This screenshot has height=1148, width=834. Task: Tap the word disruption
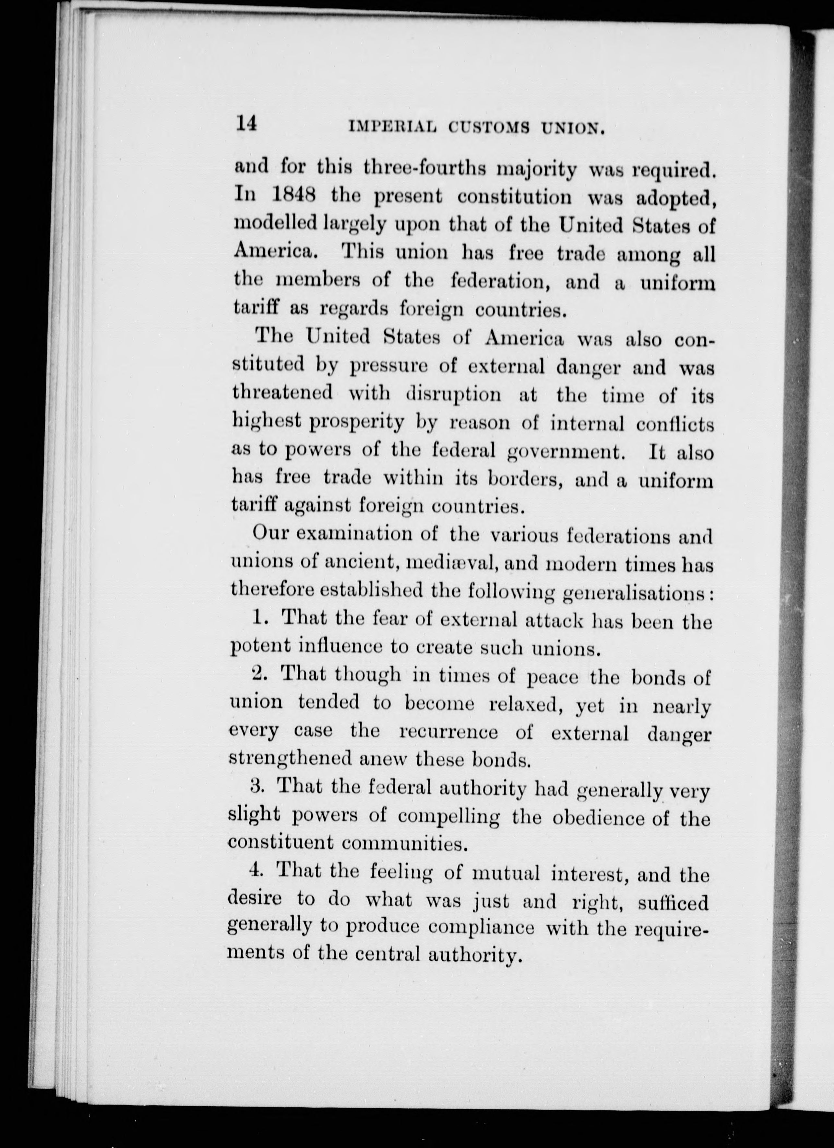[x=454, y=393]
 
